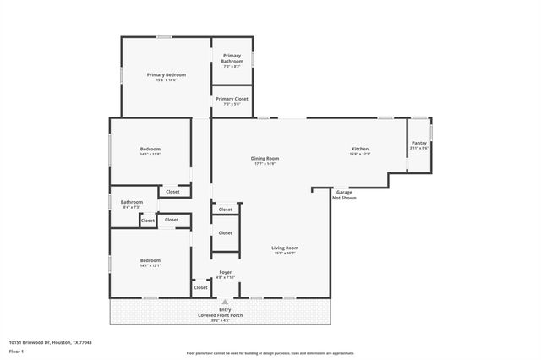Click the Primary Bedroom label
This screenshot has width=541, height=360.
tap(167, 74)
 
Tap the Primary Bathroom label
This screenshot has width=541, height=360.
tap(232, 58)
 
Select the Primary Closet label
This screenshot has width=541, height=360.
tap(232, 99)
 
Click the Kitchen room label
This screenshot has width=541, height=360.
tap(360, 150)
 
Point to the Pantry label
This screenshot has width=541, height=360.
tap(419, 143)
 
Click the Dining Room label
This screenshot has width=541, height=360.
tap(265, 158)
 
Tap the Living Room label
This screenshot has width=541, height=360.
tap(285, 248)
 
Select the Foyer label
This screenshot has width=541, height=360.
tap(225, 272)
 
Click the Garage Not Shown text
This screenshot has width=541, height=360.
tap(344, 194)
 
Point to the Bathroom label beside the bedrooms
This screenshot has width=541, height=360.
tap(132, 202)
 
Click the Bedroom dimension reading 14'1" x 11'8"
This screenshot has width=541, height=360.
tap(150, 155)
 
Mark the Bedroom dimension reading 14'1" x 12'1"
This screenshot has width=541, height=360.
tap(150, 265)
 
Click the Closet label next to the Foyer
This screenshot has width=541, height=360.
tap(200, 287)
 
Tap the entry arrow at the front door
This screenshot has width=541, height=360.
tap(225, 302)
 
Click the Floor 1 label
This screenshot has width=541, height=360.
tap(16, 350)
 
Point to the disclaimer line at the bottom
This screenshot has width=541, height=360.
tap(270, 352)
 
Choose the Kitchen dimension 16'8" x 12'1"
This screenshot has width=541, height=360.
tap(360, 155)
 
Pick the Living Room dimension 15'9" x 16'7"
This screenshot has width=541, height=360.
tap(285, 253)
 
